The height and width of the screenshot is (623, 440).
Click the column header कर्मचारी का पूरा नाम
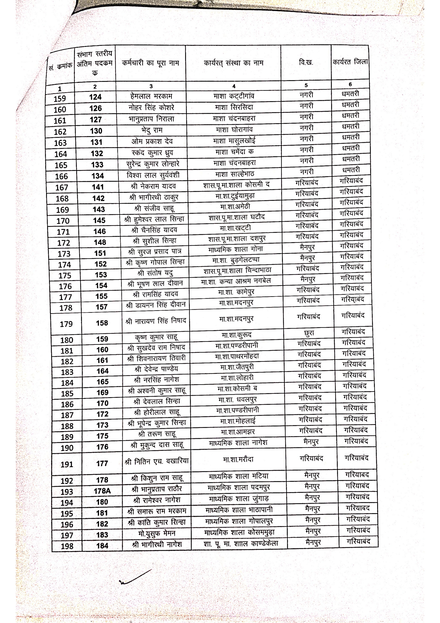151,63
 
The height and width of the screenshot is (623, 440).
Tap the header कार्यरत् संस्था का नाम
234,63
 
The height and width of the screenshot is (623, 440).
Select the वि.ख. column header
306,63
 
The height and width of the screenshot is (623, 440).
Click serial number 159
60,98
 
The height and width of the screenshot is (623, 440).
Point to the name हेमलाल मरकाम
151,96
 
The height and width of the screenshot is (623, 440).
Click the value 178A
102,491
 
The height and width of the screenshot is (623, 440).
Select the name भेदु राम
152,130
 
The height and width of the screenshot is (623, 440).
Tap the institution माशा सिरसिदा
234,107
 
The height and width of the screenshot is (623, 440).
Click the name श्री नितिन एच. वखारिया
157,461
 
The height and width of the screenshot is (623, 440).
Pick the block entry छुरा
309,333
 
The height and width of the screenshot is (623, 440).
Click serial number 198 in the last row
67,546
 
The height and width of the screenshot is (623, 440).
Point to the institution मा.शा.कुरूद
237,335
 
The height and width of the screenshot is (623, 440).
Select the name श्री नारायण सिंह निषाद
156,321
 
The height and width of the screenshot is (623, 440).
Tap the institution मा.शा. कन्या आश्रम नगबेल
236,281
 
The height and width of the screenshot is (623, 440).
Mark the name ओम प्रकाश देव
152,141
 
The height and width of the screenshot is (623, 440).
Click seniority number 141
98,187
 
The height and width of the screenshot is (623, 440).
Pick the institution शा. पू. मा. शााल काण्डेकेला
241,544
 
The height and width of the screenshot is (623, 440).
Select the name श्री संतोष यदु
155,273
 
